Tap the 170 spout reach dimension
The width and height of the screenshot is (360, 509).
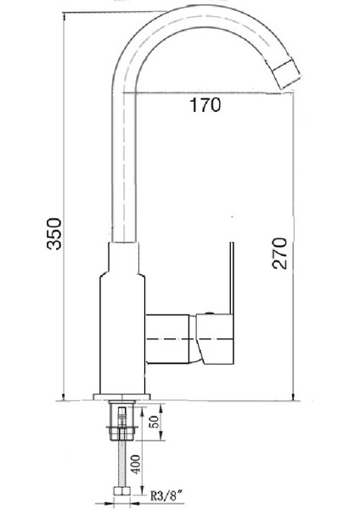click(x=205, y=106)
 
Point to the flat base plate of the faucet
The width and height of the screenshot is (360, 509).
click(x=124, y=399)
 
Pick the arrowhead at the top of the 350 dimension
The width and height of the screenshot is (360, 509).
click(x=65, y=17)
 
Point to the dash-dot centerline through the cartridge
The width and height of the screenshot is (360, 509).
click(x=183, y=340)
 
